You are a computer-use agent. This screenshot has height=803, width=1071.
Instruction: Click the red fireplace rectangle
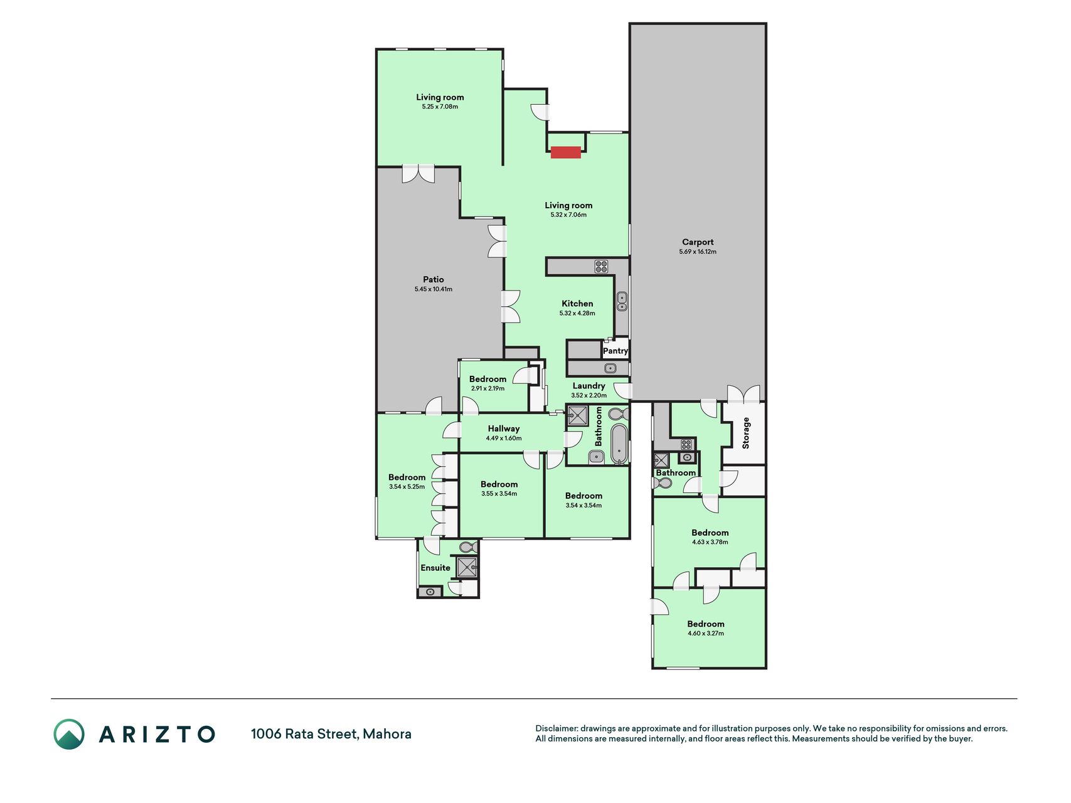565,152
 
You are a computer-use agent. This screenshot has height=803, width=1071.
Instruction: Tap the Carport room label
698,242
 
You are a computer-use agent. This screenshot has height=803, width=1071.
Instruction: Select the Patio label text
434,280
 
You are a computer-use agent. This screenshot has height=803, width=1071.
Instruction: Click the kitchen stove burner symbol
601,267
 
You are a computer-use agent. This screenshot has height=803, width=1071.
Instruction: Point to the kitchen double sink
622,302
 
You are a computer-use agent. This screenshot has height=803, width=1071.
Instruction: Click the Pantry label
615,351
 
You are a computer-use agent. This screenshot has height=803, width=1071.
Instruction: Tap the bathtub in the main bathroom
619,444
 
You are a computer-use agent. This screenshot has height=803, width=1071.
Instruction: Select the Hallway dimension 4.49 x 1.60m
504,439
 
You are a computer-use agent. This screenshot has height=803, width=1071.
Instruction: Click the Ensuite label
435,568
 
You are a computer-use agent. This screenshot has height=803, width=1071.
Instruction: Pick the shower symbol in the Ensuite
466,567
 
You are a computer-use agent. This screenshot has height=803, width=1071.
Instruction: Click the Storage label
746,433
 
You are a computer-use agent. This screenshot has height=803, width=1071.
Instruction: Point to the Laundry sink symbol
610,368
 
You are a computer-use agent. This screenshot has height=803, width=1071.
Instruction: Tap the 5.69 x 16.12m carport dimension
698,252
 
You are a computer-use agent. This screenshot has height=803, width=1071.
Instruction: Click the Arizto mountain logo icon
69,734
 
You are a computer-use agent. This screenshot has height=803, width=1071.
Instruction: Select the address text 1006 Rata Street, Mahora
331,734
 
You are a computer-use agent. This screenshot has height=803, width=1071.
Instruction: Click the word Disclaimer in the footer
556,728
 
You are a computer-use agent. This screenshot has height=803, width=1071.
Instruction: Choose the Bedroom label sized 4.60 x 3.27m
706,624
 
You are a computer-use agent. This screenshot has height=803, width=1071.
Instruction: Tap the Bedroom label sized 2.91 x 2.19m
488,379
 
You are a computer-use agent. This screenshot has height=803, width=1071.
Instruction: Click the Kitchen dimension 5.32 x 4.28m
577,313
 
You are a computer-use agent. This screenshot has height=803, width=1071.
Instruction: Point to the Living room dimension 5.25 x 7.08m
440,107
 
